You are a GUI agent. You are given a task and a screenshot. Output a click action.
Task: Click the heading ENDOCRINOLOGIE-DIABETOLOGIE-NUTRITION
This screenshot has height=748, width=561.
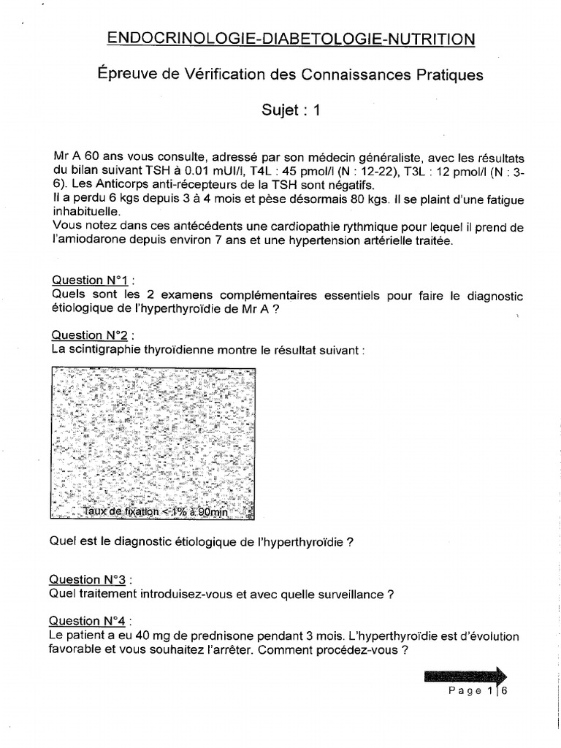pyautogui.click(x=291, y=39)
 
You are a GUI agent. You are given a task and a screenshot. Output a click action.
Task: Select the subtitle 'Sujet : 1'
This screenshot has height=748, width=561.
pyautogui.click(x=291, y=110)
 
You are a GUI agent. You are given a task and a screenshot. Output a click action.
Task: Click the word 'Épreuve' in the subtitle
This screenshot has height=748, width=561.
pyautogui.click(x=125, y=75)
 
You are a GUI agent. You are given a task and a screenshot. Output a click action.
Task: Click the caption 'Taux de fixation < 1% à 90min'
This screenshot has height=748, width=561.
pyautogui.click(x=156, y=512)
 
